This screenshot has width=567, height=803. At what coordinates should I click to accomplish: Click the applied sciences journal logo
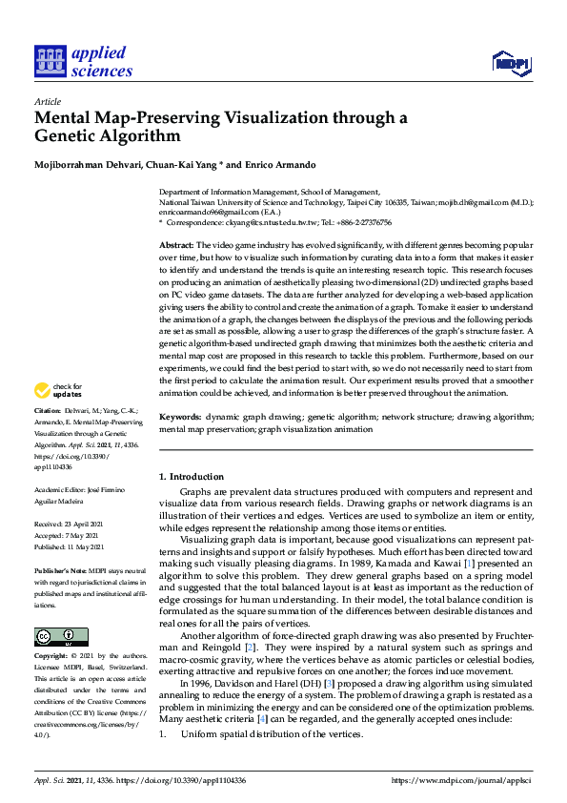[x=83, y=60]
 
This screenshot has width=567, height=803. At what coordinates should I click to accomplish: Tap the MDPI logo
[x=511, y=63]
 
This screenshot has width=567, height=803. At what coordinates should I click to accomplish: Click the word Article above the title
[x=47, y=101]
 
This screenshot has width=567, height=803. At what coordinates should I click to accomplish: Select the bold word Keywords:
[x=180, y=418]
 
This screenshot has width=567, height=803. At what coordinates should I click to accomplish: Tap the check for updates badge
[x=56, y=390]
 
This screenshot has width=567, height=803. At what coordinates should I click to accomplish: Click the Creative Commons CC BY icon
[x=60, y=636]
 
